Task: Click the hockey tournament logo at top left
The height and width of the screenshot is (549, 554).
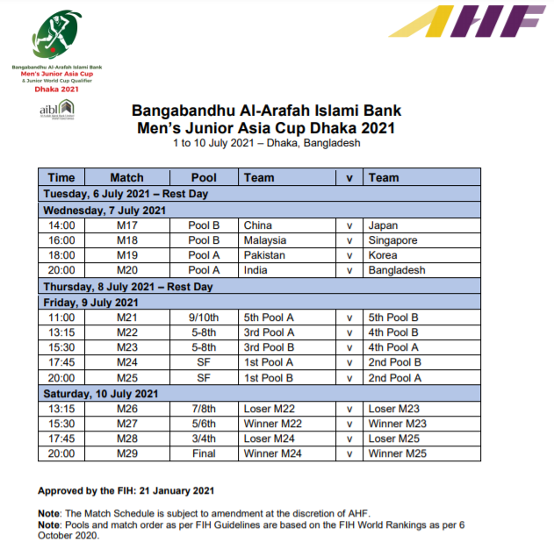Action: pos(54,39)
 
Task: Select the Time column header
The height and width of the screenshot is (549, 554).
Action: pos(61,177)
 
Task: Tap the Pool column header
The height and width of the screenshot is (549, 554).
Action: pos(204,177)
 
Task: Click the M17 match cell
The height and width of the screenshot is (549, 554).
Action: pos(127,225)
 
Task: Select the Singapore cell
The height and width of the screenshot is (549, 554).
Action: pos(392,240)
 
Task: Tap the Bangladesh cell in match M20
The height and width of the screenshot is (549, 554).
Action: pos(397,270)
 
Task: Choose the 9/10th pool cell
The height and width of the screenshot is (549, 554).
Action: pos(204,317)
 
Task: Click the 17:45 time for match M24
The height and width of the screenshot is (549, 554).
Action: pos(61,361)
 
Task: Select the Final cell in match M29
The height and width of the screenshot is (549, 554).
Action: pos(204,453)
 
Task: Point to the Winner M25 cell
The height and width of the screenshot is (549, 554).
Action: pos(397,453)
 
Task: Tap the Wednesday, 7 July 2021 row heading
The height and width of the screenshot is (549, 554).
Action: pos(104,210)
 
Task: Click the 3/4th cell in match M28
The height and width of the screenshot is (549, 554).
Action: pos(204,438)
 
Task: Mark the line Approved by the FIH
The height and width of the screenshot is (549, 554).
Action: pos(126,490)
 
